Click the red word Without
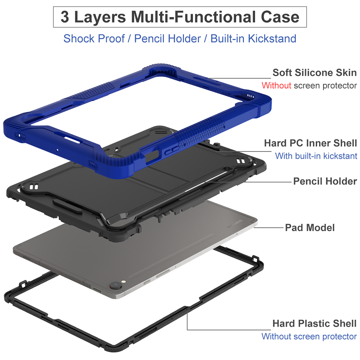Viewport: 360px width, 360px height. tap(276, 86)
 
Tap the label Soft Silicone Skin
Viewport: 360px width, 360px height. tap(314, 73)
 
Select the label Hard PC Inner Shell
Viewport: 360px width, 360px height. tap(310, 143)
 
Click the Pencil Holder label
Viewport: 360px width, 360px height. tap(325, 181)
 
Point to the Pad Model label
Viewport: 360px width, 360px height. tap(310, 228)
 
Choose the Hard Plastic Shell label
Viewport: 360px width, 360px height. tap(314, 323)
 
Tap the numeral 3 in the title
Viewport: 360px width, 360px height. tap(65, 17)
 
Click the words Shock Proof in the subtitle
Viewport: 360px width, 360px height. tap(94, 38)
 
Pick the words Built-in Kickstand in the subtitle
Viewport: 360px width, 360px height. tap(253, 38)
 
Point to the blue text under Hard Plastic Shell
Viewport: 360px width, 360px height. tap(309, 336)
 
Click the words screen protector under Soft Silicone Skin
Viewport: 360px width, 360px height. tap(325, 86)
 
